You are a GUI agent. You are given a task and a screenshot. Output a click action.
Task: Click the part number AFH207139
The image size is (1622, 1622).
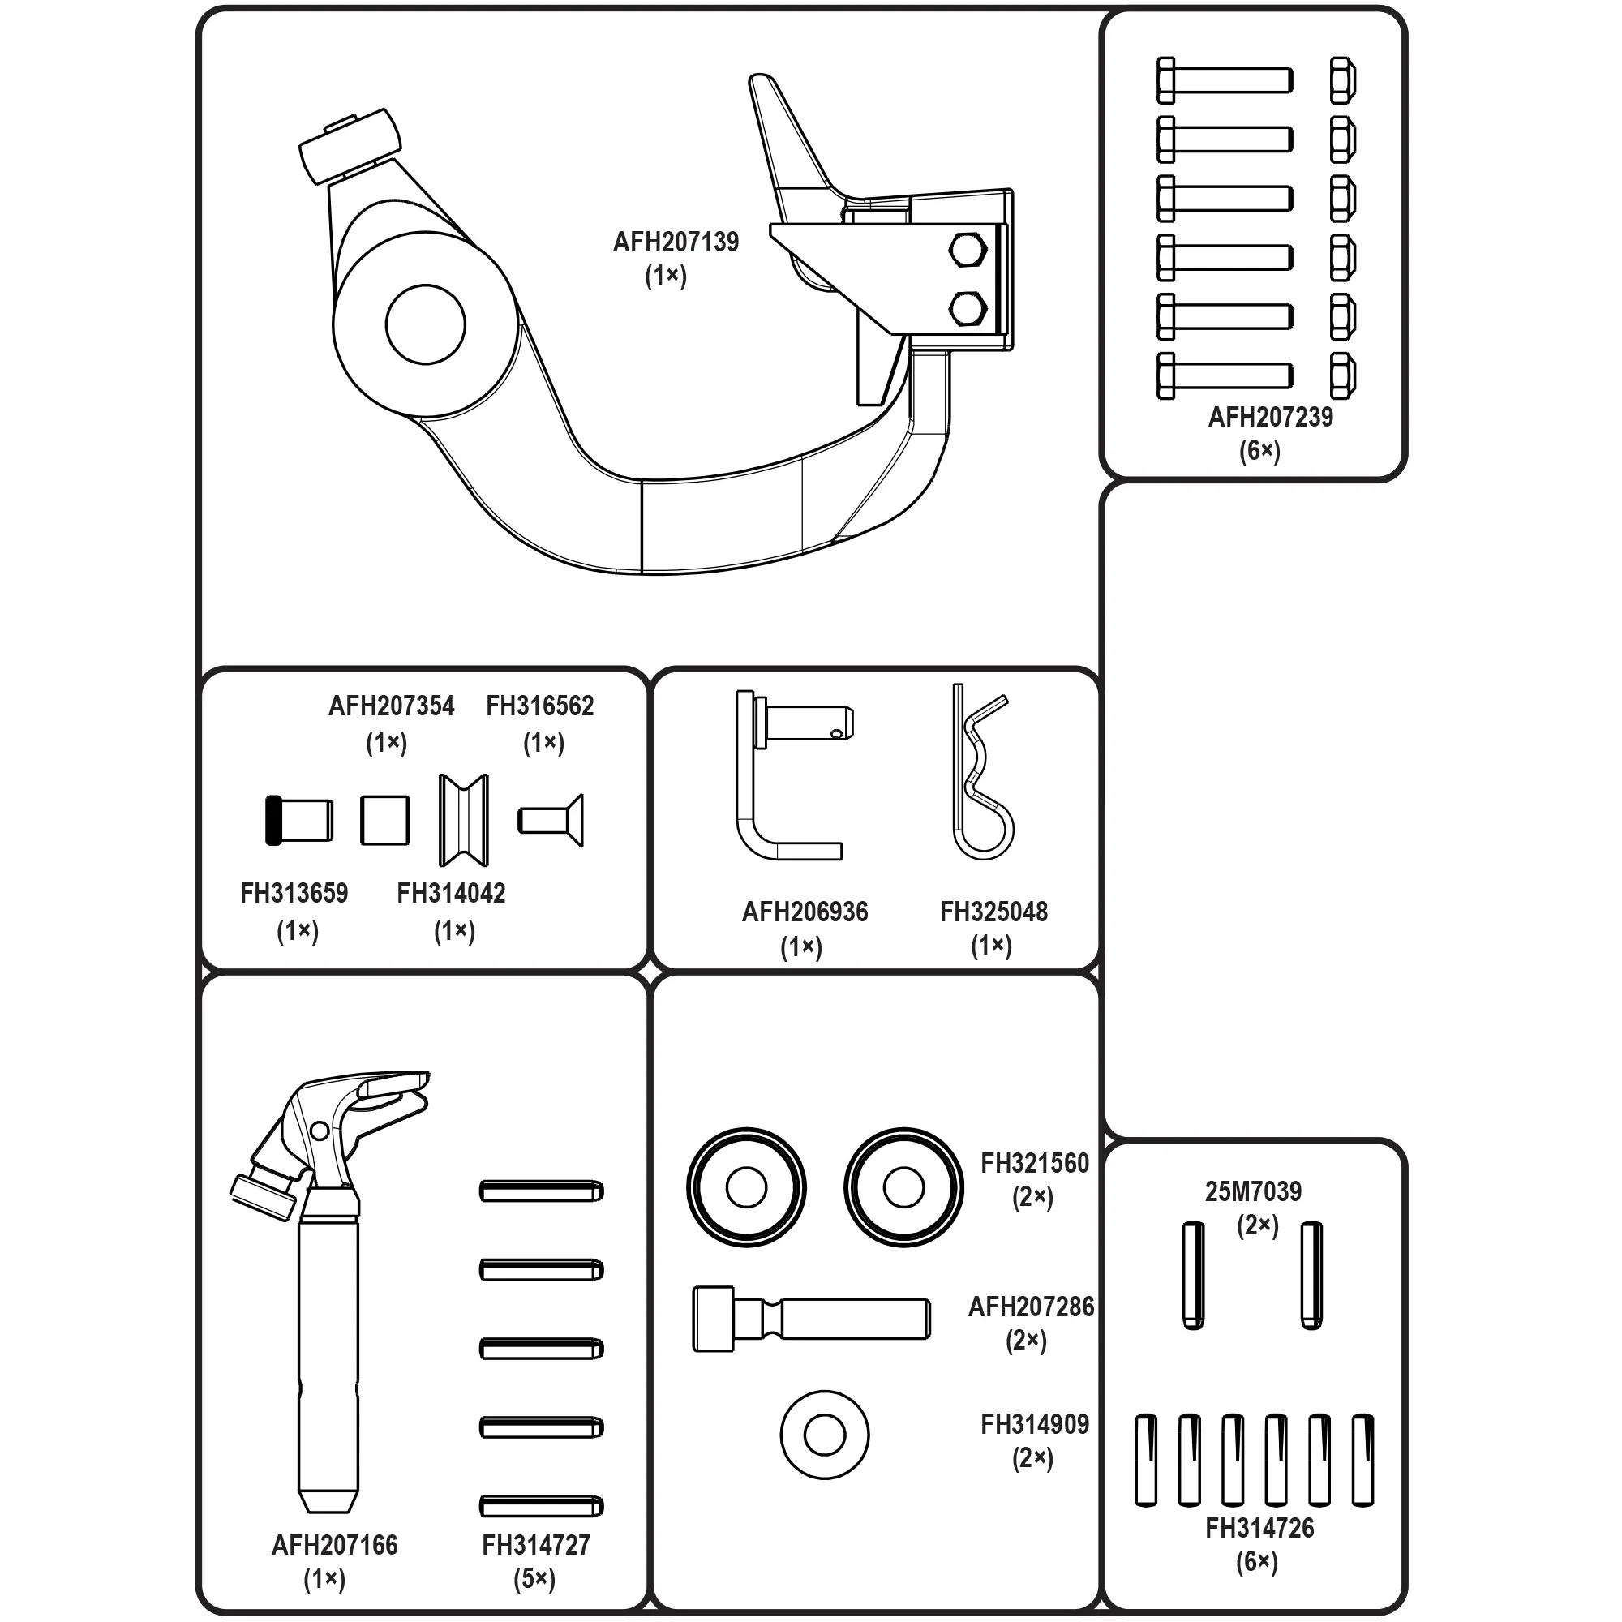[x=675, y=242]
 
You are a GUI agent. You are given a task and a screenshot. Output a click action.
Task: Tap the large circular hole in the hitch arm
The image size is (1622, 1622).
[x=426, y=325]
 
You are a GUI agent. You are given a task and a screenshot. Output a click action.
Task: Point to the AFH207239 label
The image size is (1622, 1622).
[x=1269, y=417]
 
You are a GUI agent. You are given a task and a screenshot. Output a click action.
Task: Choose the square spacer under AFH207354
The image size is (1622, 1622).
[x=385, y=820]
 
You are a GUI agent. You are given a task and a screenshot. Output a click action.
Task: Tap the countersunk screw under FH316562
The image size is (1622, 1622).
[x=551, y=820]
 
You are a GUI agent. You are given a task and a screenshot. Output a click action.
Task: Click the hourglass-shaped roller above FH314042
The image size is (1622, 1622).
[x=463, y=820]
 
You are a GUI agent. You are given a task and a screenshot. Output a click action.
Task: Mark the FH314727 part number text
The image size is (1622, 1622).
[x=535, y=1545]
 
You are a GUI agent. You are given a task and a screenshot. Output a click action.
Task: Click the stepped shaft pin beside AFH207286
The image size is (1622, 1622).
[x=811, y=1319]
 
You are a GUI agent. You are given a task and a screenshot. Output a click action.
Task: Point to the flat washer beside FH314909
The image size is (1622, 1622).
[x=825, y=1435]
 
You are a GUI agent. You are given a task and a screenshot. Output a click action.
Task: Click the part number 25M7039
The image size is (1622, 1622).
[x=1253, y=1191]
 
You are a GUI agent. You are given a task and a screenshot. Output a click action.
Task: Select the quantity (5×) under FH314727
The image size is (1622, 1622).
[x=534, y=1579]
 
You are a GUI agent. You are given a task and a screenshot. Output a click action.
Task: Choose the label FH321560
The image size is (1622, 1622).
[x=1034, y=1164]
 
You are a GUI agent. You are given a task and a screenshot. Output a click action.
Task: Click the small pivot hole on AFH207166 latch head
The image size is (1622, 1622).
[x=320, y=1131]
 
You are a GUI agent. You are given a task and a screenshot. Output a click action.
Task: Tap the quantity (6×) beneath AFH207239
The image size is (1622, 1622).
[x=1259, y=451]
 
